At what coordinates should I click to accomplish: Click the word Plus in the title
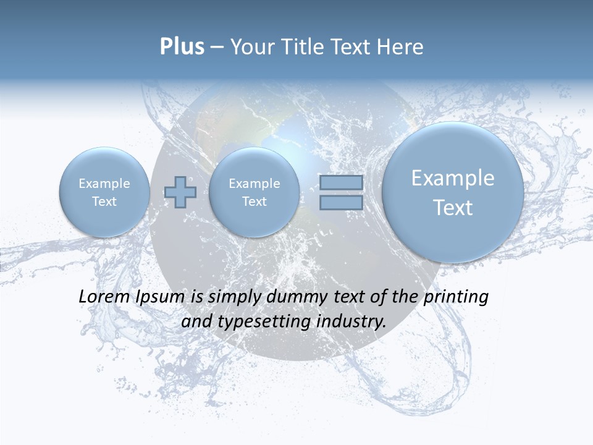pyautogui.click(x=182, y=47)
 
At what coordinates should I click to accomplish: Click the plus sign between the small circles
pyautogui.click(x=180, y=192)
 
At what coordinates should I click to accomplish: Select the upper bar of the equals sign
pyautogui.click(x=341, y=183)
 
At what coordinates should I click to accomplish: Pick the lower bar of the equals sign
pyautogui.click(x=341, y=202)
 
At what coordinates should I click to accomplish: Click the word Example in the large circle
pyautogui.click(x=453, y=178)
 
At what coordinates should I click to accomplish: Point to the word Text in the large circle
pyautogui.click(x=453, y=208)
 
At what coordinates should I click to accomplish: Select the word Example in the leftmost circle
pyautogui.click(x=104, y=184)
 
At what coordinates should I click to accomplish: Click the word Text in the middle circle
pyautogui.click(x=254, y=201)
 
